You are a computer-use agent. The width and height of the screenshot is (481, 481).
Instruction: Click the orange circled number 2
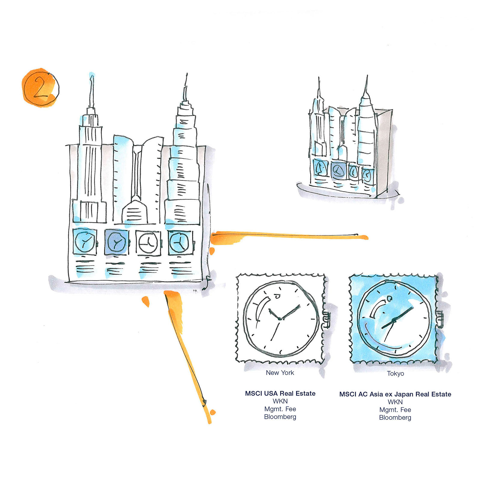coord(40,87)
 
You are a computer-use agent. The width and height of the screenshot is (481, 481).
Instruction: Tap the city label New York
coord(280,373)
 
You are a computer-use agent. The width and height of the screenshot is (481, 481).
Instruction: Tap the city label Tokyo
coord(395,373)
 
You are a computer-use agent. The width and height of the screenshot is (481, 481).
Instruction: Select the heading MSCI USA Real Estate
coord(280,394)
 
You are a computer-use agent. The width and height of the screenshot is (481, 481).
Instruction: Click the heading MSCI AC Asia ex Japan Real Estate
coord(395,394)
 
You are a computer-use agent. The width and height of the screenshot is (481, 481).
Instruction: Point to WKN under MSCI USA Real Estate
coord(280,401)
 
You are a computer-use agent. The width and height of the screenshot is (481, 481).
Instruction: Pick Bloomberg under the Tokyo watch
coord(395,418)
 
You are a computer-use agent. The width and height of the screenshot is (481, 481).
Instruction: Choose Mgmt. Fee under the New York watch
coord(280,409)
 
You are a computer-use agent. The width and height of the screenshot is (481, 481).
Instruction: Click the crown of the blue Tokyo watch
coord(440,320)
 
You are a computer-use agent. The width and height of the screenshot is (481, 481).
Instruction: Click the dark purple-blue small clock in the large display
coord(116,242)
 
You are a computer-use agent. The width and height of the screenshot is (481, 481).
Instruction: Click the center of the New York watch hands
coord(280,318)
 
